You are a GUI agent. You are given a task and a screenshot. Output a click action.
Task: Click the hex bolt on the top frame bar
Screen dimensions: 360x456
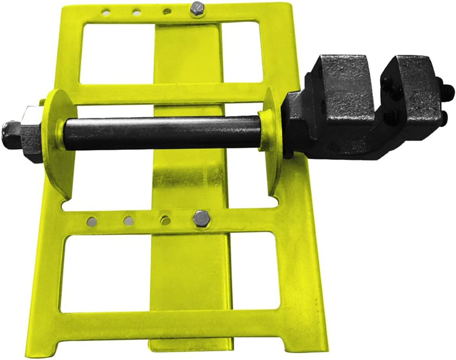[x=196, y=9]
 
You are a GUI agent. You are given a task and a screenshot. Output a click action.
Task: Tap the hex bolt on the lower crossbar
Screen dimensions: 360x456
[x=201, y=218]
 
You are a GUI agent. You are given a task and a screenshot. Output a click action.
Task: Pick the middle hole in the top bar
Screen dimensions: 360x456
[x=137, y=13]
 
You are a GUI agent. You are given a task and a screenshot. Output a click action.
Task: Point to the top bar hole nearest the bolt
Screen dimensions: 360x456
[x=167, y=12]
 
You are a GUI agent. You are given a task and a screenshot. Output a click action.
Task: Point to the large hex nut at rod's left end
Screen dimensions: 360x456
[x=31, y=133]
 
